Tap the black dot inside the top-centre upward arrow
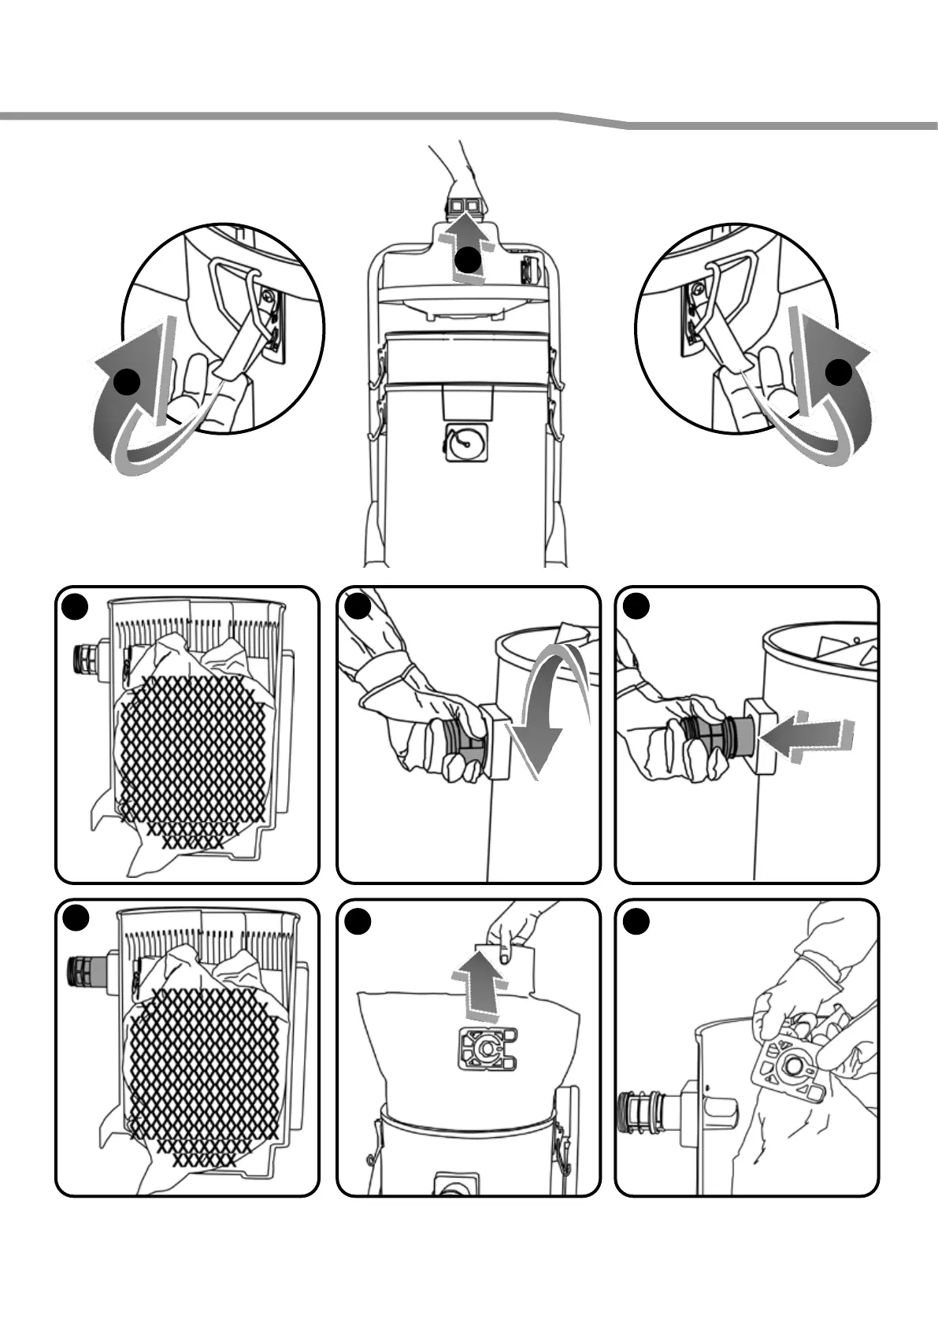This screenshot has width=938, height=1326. (469, 259)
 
